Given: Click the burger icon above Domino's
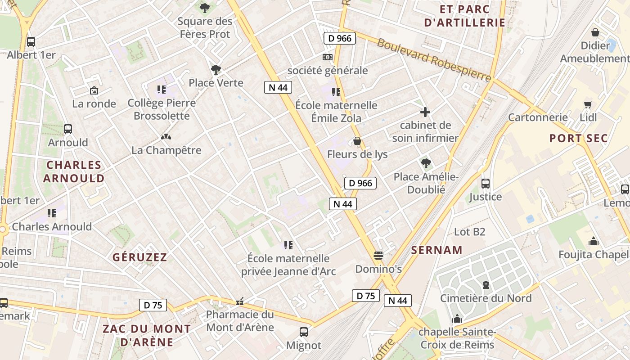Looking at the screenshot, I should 378,256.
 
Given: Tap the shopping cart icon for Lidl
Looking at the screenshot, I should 588,105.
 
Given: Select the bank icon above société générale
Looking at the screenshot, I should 328,57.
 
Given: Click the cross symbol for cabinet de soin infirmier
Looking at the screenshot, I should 425,112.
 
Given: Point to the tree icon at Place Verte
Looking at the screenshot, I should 216,69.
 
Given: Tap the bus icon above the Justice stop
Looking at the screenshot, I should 485,184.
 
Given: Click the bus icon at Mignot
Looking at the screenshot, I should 304,332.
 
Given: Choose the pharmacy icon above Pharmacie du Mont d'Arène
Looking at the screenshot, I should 240,301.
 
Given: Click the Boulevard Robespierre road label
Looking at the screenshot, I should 433,60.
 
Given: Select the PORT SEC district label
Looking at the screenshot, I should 578,138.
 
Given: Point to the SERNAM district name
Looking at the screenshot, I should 436,250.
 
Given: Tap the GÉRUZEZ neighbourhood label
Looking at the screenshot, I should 139,257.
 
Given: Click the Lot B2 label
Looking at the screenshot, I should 469,232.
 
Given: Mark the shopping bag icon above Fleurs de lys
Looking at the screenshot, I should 357,141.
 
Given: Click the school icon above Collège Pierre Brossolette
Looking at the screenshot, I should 162,90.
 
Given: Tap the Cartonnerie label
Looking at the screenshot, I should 538,117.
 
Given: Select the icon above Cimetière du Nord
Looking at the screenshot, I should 486,285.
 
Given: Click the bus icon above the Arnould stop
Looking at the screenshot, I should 68,129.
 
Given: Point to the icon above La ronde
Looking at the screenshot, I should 94,90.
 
